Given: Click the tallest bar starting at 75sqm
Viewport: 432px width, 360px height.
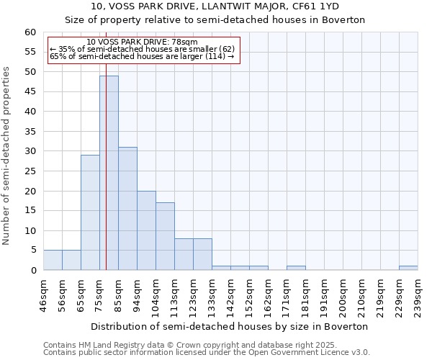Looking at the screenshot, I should click(109, 173).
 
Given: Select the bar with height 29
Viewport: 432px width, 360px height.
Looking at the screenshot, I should click(90, 212).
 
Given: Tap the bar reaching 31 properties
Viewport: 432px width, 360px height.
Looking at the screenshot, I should click(127, 209).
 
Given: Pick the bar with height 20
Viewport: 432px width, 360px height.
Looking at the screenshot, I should click(146, 230).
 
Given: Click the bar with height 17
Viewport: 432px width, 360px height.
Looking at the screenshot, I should click(165, 236).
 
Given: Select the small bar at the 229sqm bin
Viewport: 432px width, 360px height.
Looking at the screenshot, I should click(408, 268).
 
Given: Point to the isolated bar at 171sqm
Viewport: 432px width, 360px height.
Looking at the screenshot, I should click(296, 268).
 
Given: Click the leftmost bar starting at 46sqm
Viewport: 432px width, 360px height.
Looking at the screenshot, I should click(53, 260).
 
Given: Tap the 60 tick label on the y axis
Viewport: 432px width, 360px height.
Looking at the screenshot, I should click(30, 32).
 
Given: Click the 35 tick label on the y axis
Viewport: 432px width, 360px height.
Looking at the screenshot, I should click(30, 132).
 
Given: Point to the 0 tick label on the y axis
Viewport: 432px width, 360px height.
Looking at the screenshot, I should click(33, 271).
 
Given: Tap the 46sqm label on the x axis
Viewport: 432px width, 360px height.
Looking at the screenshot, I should click(44, 294).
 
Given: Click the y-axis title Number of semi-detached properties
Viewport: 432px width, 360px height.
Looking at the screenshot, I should click(7, 156).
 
